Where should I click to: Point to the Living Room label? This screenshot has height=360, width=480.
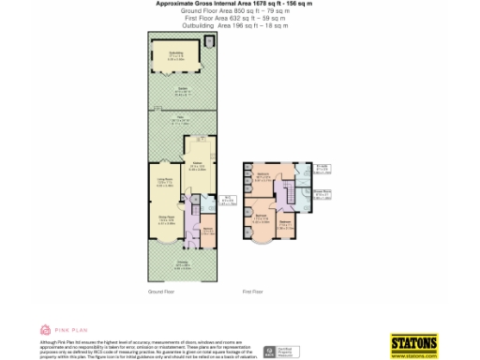[164, 184]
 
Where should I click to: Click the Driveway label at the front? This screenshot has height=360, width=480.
[183, 263]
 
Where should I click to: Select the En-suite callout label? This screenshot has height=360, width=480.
[322, 169]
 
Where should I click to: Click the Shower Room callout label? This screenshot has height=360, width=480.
[322, 196]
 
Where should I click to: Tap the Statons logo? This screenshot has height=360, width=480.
[413, 343]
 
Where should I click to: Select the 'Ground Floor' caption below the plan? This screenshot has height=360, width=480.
[161, 292]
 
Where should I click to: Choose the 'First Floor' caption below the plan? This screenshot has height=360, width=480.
[252, 292]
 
